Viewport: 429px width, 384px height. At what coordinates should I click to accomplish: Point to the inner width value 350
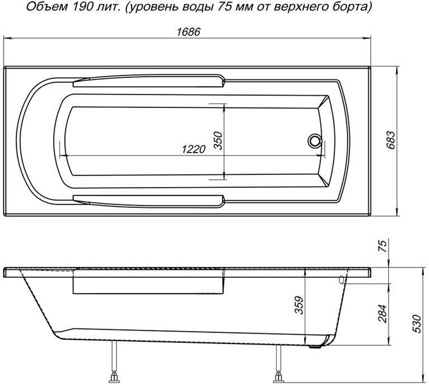point(218,141)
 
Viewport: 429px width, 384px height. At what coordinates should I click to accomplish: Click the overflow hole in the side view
point(341,279)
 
